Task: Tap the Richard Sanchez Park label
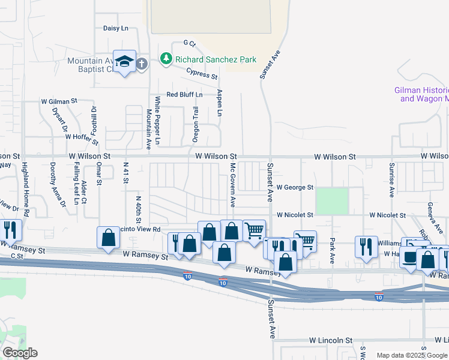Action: click(215, 59)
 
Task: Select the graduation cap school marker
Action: click(124, 62)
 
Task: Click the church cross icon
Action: click(142, 64)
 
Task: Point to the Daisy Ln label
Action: click(116, 28)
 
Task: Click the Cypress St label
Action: click(202, 74)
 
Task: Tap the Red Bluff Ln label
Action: click(184, 95)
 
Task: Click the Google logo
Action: click(19, 353)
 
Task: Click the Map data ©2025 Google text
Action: click(412, 355)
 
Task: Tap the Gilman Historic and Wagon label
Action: click(422, 94)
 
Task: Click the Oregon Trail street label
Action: click(195, 125)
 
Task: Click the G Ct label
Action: click(189, 43)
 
